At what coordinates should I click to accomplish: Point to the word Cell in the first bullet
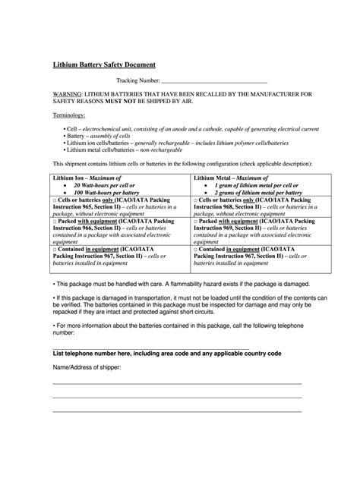pos(74,130)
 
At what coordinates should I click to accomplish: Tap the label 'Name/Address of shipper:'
pos(86,367)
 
